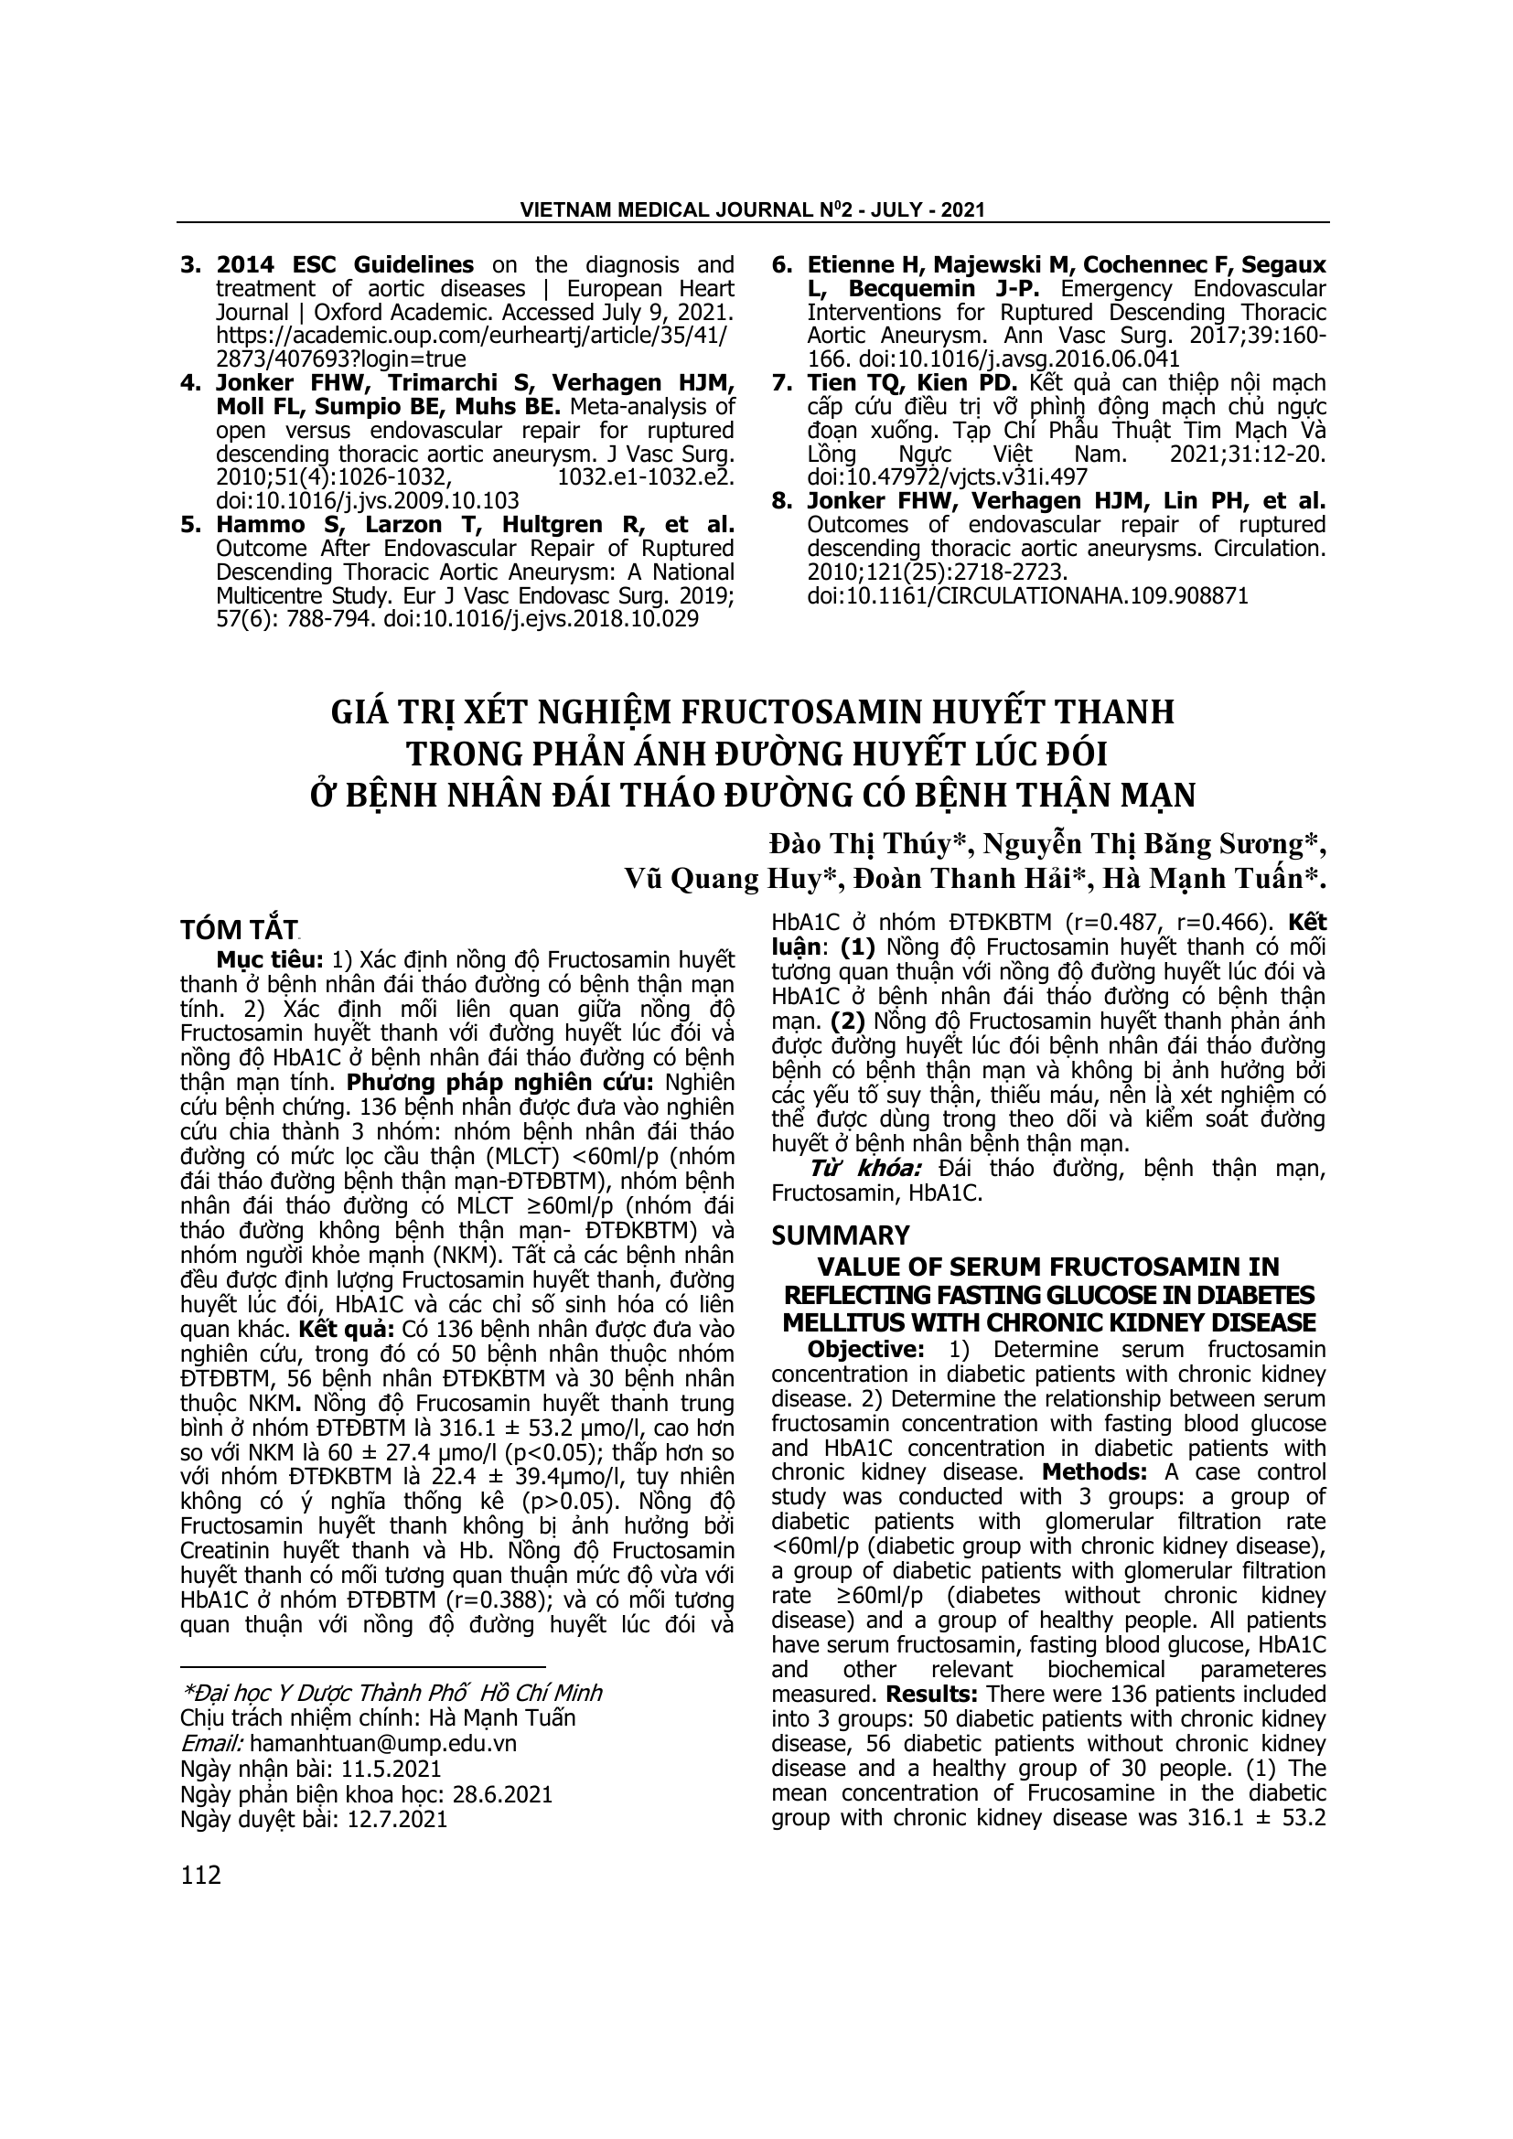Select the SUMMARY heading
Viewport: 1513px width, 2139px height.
click(x=841, y=1235)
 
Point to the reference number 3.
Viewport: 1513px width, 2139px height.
click(x=190, y=264)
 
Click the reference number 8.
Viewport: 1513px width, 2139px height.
click(x=781, y=501)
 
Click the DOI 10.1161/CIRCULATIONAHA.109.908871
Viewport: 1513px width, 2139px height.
click(x=1027, y=596)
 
